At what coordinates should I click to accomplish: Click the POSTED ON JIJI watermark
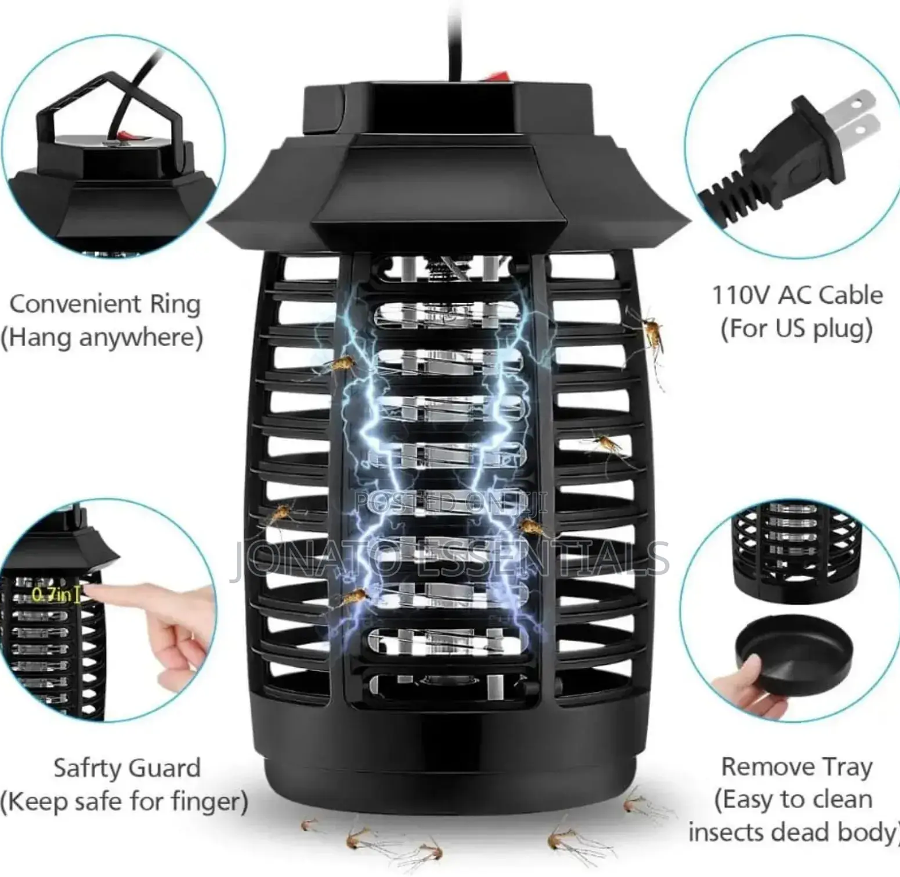tap(451, 503)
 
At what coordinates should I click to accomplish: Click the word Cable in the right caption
tap(851, 295)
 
